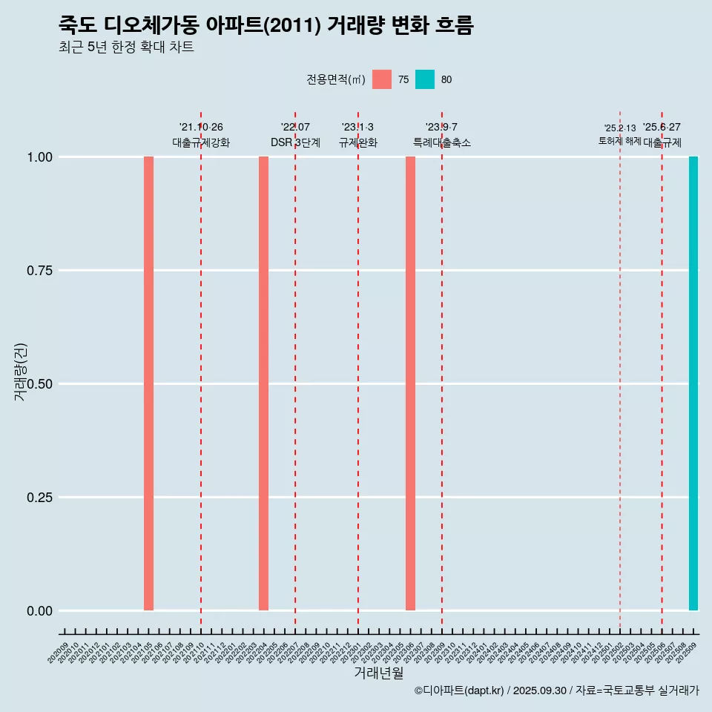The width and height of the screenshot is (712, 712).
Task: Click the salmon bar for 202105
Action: point(148,383)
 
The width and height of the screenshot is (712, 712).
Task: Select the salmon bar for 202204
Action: point(263,383)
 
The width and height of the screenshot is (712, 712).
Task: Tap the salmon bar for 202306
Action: point(410,383)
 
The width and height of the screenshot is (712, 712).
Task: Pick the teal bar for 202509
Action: point(693,383)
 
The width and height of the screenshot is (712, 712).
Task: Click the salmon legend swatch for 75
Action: point(382,79)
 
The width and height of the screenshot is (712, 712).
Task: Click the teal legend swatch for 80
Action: point(425,79)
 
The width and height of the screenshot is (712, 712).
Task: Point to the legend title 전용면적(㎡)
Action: point(336,79)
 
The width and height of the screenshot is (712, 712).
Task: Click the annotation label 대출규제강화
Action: point(201,142)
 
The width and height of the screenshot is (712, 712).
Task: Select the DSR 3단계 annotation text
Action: point(295,142)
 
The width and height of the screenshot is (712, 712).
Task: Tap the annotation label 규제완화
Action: point(358,142)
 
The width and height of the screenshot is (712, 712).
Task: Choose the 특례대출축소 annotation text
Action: point(442,142)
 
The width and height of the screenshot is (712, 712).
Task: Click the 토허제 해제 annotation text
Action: point(619,141)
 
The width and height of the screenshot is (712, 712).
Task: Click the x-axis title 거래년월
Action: point(379,673)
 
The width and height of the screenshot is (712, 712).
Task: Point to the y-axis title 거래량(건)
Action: point(20,371)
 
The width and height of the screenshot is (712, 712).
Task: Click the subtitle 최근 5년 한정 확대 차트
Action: point(126,47)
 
